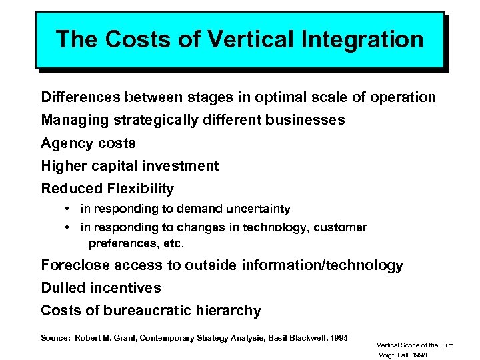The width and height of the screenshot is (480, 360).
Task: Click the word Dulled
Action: [x=63, y=288]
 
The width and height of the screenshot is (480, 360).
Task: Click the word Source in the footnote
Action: [x=55, y=338]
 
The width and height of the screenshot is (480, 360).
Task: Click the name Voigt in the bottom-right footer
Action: [x=387, y=355]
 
